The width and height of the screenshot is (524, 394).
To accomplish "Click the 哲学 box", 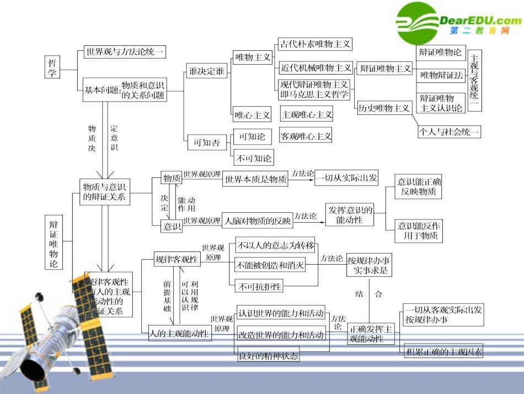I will [x=52, y=67].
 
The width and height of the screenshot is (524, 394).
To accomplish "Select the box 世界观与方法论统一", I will [x=125, y=52].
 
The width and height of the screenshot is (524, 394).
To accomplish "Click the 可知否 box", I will [x=207, y=142].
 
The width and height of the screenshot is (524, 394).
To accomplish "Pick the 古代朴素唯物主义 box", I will [x=314, y=44].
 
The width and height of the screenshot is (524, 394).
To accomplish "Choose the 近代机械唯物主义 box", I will [x=316, y=68].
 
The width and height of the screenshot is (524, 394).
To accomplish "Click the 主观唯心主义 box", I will [x=307, y=114].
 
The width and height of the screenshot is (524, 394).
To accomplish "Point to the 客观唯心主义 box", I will [x=306, y=135].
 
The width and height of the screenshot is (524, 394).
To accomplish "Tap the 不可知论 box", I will [x=254, y=158].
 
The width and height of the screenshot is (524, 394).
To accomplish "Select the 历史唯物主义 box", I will [x=384, y=108].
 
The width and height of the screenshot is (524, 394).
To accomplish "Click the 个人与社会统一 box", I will [x=450, y=132].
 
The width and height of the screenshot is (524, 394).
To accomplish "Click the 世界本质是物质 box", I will [x=255, y=179].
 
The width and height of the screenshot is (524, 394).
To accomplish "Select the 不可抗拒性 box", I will [x=259, y=286].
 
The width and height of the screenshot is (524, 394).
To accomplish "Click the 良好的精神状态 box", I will [x=268, y=356].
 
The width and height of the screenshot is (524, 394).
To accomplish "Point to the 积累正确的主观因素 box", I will [x=444, y=351].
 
